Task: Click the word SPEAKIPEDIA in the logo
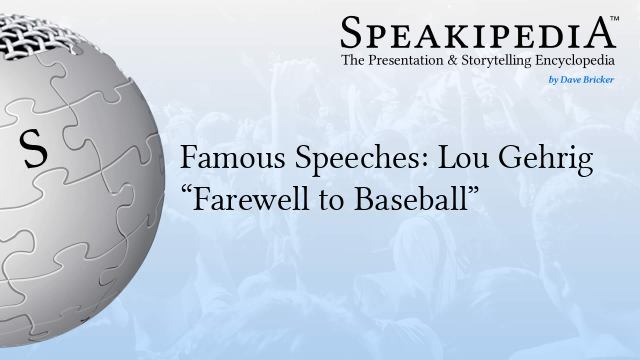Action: click(479, 33)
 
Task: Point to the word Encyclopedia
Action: click(578, 63)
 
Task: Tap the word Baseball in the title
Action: click(414, 195)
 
